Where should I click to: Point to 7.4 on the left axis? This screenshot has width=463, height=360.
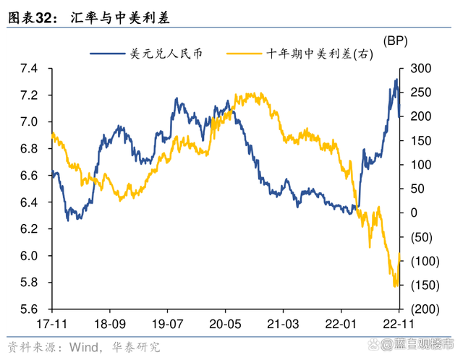point(28,69)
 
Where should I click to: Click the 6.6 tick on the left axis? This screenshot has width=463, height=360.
point(28,176)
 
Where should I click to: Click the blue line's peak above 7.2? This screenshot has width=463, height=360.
point(396,79)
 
